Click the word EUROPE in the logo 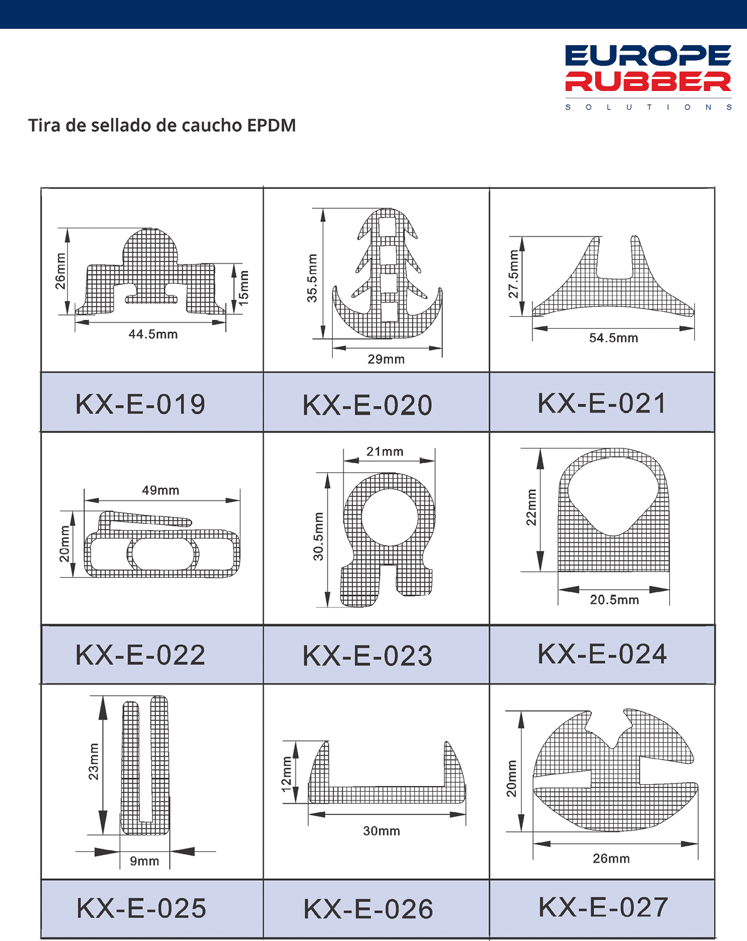tap(648, 56)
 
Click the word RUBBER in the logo tap(648, 82)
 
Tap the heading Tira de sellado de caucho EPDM tap(162, 125)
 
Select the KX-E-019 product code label tap(140, 404)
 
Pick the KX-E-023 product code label tap(367, 656)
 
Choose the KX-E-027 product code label tap(603, 907)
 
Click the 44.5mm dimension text tap(153, 334)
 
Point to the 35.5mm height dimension tap(311, 278)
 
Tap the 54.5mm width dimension tap(613, 338)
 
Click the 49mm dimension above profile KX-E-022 tap(161, 490)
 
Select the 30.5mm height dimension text tap(318, 536)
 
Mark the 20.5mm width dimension tap(615, 600)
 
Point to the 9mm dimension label tap(144, 861)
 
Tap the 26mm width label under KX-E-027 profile tap(611, 858)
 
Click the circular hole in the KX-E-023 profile tap(389, 517)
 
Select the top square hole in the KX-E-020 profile tap(387, 227)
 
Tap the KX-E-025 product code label tap(141, 908)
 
